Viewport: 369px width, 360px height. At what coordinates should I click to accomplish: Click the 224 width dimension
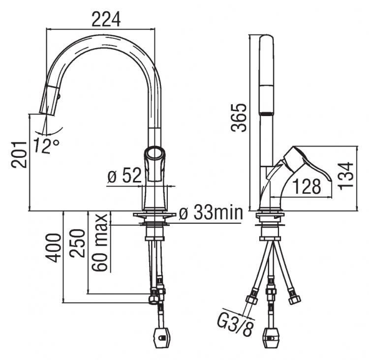(x=106, y=19)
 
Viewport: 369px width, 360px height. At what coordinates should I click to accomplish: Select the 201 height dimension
(x=19, y=154)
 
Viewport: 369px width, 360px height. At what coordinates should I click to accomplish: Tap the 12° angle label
(x=46, y=146)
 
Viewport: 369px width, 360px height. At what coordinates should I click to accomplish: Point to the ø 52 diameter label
(x=124, y=175)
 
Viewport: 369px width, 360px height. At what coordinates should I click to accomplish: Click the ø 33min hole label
(x=211, y=212)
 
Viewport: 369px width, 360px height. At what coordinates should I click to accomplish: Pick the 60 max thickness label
(x=100, y=242)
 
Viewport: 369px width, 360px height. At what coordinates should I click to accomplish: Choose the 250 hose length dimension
(x=77, y=243)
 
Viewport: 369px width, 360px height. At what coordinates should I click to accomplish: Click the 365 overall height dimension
(x=239, y=117)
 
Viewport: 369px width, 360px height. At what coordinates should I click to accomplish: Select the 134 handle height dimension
(x=346, y=175)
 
